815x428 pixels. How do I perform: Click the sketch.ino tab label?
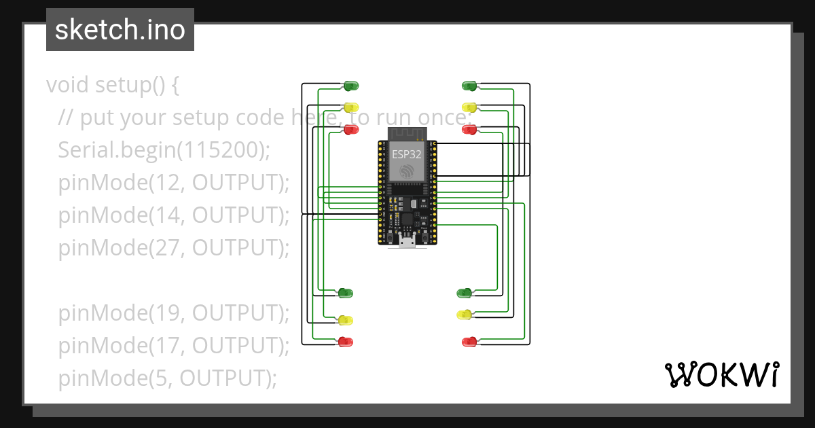pyautogui.click(x=120, y=30)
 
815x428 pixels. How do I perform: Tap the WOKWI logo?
pyautogui.click(x=721, y=375)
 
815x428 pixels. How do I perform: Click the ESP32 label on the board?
pyautogui.click(x=406, y=154)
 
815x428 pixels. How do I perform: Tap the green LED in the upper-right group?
pyautogui.click(x=469, y=86)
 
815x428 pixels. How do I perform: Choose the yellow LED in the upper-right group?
pyautogui.click(x=469, y=107)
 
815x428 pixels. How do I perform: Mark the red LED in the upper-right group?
pyautogui.click(x=469, y=129)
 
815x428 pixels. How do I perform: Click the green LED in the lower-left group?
pyautogui.click(x=345, y=293)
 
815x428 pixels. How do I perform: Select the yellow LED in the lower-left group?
pyautogui.click(x=345, y=320)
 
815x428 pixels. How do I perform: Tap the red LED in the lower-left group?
pyautogui.click(x=345, y=342)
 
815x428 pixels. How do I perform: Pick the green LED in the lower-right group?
pyautogui.click(x=465, y=293)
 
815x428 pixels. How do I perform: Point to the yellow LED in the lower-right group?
pyautogui.click(x=465, y=315)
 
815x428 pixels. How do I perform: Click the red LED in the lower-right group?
pyautogui.click(x=469, y=342)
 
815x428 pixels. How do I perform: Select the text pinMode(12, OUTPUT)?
pyautogui.click(x=174, y=182)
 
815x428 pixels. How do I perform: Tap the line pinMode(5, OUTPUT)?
pyautogui.click(x=167, y=378)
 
